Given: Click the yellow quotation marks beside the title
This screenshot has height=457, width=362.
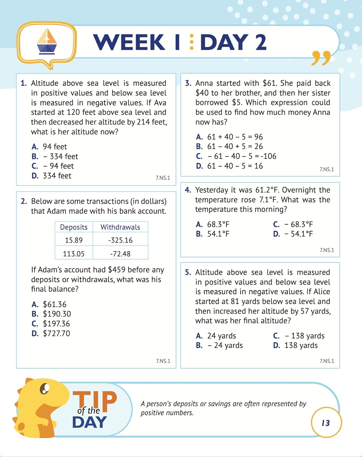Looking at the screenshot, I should coord(321,58).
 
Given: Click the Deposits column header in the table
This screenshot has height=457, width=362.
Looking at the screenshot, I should coord(74,227).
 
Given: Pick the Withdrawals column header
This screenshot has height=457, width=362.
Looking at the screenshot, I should coord(120,227).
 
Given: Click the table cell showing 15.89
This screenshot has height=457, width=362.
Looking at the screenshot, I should coord(74,240).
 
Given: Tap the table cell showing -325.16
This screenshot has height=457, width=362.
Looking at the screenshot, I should coord(120,240).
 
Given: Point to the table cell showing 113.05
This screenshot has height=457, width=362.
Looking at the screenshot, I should coord(74,253).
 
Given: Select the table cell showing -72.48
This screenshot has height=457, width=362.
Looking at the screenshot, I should coord(120,253).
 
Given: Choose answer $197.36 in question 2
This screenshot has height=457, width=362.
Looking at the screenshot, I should coord(56,324).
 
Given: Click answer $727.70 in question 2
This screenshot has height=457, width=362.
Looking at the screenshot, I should coord(56,333).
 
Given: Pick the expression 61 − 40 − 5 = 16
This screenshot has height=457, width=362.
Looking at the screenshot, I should coord(235,166).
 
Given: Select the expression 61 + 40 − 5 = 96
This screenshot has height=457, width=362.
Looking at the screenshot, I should coord(235,137).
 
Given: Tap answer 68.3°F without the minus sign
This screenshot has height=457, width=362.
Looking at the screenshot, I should coord(218,224).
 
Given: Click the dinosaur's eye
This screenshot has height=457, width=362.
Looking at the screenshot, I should coord(45,388).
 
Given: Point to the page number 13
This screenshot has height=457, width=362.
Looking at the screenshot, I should coord(326,423).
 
